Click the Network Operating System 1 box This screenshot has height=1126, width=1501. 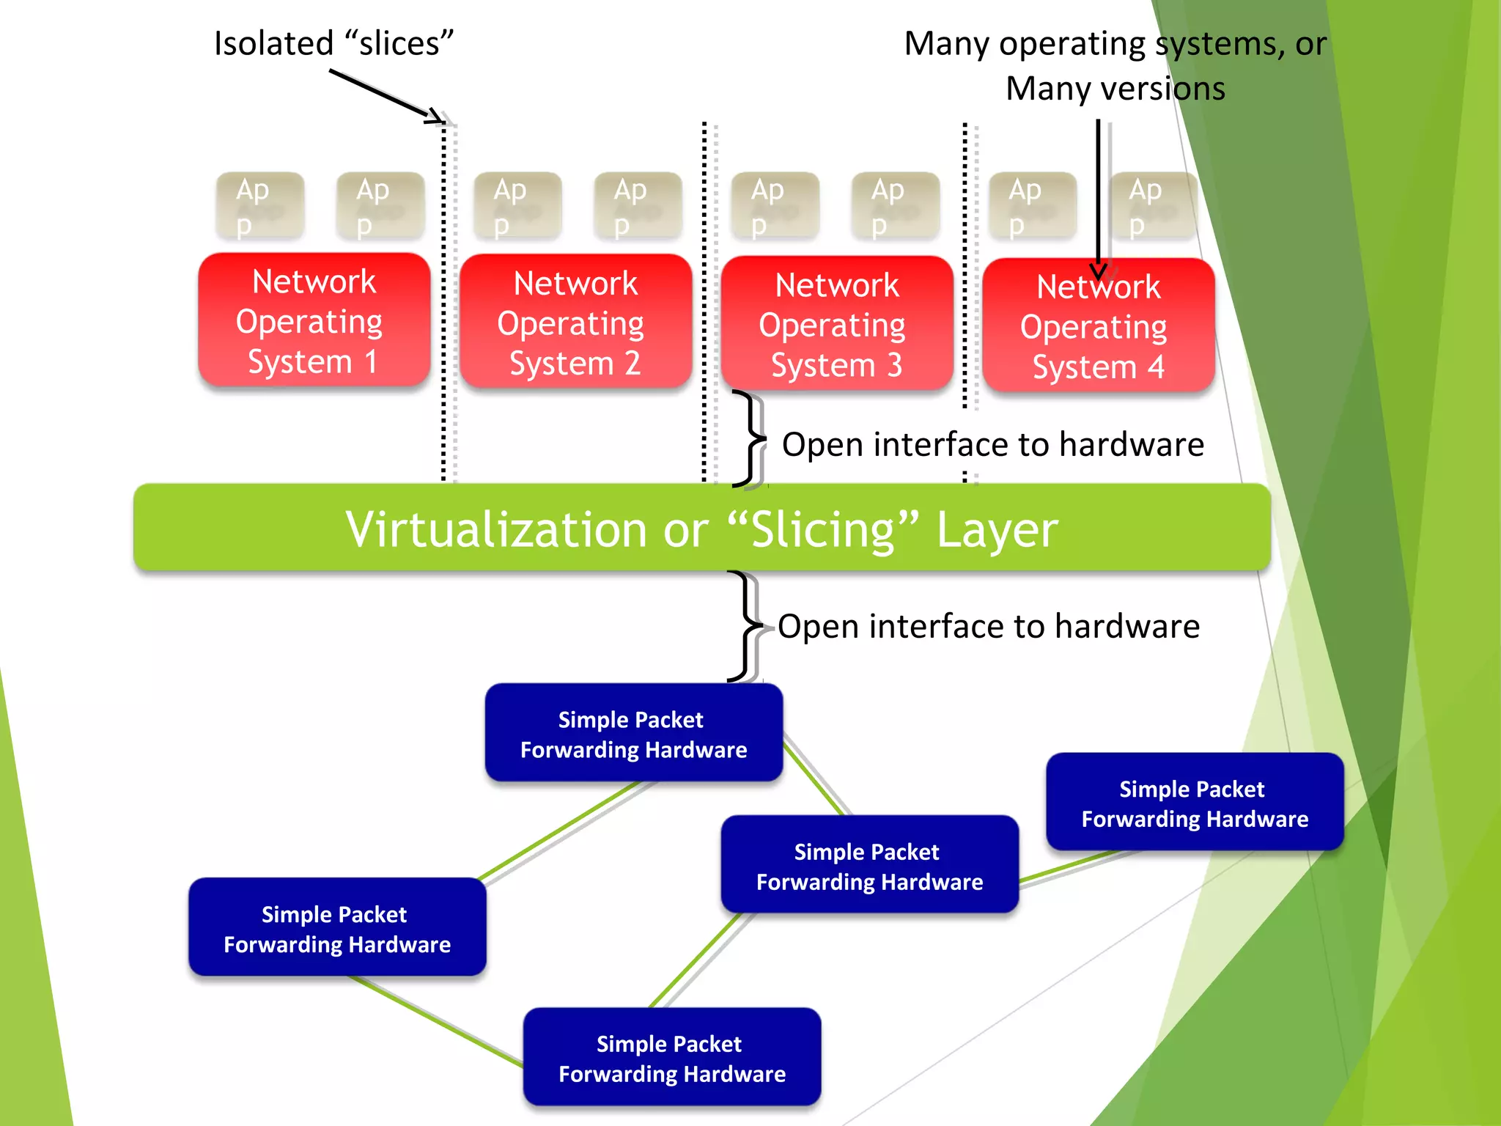[x=314, y=320]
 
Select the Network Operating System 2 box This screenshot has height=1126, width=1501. [x=575, y=323]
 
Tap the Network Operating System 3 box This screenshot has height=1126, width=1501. [x=836, y=324]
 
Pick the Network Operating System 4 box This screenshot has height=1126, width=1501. [x=1098, y=326]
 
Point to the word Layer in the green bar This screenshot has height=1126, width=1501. [x=997, y=529]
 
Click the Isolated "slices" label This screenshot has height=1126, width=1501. [x=333, y=44]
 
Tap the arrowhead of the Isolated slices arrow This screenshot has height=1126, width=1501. [x=437, y=117]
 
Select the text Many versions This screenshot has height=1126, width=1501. [x=1114, y=89]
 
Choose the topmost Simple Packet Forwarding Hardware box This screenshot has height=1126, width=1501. [x=633, y=733]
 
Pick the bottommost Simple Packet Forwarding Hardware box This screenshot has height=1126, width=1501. [x=671, y=1057]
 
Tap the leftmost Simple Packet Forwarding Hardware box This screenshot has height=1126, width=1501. [x=337, y=927]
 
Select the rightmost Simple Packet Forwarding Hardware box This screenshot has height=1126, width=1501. [x=1195, y=803]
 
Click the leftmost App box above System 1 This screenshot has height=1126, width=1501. [x=259, y=206]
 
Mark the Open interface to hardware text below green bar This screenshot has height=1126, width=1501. [x=988, y=627]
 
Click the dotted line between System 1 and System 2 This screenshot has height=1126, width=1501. [x=443, y=308]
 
